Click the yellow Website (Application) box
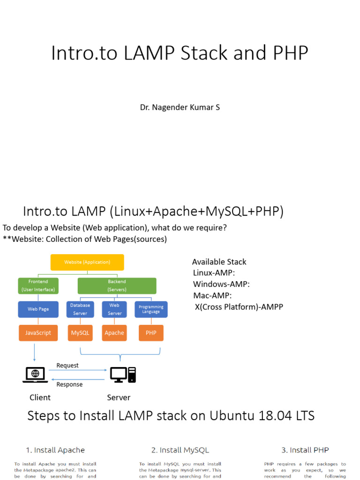(87, 262)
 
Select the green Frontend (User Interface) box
(38, 285)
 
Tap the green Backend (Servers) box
(117, 285)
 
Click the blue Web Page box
(38, 309)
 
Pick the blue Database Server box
(80, 309)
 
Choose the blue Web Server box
(114, 309)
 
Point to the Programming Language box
(151, 309)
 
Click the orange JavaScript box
(38, 333)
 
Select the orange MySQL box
(80, 333)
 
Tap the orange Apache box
(114, 333)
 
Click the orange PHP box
(151, 333)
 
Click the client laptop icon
(35, 375)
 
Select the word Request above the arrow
(67, 365)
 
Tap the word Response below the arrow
(69, 384)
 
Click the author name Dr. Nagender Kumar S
(180, 107)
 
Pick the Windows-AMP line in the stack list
(221, 284)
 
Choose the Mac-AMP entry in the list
(212, 295)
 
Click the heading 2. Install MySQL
(180, 450)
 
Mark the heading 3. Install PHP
(305, 450)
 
